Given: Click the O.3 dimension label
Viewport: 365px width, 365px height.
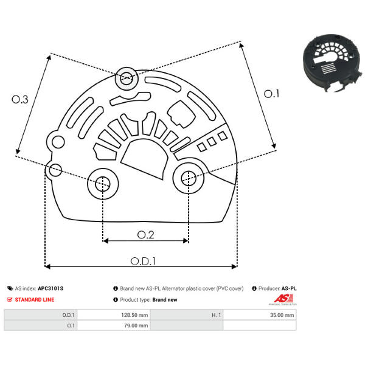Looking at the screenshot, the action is pyautogui.click(x=20, y=99).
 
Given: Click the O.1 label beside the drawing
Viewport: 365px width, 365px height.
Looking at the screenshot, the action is pyautogui.click(x=271, y=94).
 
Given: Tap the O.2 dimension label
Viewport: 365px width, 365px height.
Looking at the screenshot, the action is pyautogui.click(x=146, y=235).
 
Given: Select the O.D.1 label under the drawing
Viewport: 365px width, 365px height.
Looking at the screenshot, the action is pyautogui.click(x=143, y=261).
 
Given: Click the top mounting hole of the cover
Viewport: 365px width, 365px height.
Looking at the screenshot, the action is pyautogui.click(x=127, y=78).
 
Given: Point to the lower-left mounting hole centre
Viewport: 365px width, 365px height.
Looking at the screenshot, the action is pyautogui.click(x=102, y=184).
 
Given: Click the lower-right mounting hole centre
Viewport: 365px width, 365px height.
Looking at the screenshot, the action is pyautogui.click(x=189, y=178).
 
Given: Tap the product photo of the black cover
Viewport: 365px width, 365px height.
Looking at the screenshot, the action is pyautogui.click(x=333, y=63).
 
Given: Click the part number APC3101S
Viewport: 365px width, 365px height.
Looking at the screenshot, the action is pyautogui.click(x=50, y=288).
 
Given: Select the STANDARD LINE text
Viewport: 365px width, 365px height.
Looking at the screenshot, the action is pyautogui.click(x=35, y=299).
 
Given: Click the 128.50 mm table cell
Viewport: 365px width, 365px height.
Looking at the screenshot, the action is pyautogui.click(x=114, y=315).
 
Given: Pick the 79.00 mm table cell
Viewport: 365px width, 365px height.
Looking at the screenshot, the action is pyautogui.click(x=114, y=325).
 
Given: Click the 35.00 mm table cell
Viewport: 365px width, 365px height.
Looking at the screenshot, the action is pyautogui.click(x=260, y=315).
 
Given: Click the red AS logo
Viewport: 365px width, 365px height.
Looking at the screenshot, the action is pyautogui.click(x=283, y=298).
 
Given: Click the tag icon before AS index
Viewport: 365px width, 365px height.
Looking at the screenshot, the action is pyautogui.click(x=10, y=288).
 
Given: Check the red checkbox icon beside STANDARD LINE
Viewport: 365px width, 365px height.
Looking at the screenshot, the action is pyautogui.click(x=10, y=299).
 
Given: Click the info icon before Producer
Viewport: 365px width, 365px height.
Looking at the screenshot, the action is pyautogui.click(x=254, y=288).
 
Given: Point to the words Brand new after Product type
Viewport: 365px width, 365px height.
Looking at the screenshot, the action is pyautogui.click(x=165, y=299).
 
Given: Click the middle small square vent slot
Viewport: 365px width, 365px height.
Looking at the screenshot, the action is pyautogui.click(x=212, y=142).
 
